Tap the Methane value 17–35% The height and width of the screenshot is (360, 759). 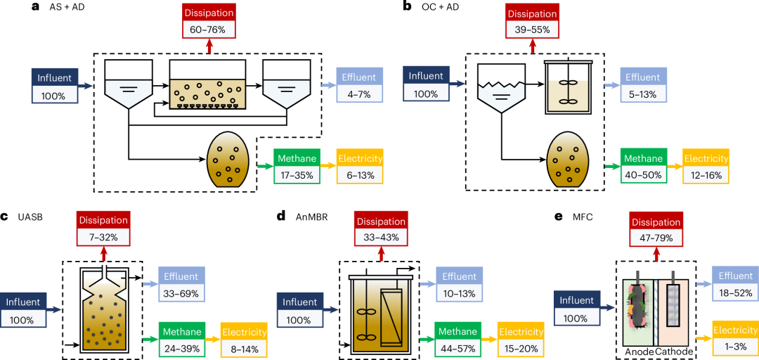(297, 174)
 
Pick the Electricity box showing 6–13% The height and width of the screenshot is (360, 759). (359, 174)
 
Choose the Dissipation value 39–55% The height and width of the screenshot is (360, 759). (532, 29)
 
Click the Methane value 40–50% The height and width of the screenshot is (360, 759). (642, 174)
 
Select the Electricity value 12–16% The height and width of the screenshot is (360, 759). (706, 174)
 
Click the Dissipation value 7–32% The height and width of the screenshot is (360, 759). (103, 238)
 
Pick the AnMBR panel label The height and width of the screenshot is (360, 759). (313, 218)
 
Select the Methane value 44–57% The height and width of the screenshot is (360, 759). (458, 347)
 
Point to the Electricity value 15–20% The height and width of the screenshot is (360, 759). (521, 347)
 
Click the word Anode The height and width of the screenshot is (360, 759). (637, 351)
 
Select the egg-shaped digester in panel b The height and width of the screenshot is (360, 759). (569, 162)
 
